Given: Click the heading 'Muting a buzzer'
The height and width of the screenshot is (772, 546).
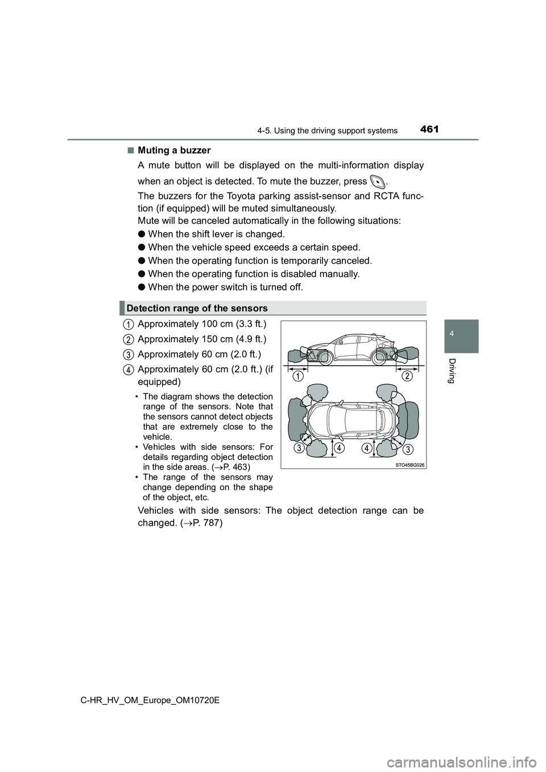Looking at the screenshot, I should [x=173, y=150].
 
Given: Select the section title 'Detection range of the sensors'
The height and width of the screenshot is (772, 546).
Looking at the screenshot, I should [x=197, y=308].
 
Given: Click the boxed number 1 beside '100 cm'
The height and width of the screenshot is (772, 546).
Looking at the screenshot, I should [x=129, y=325].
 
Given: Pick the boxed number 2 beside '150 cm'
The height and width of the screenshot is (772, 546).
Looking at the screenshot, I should [x=129, y=339].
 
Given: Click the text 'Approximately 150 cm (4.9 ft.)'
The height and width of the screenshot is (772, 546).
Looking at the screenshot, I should [x=201, y=339].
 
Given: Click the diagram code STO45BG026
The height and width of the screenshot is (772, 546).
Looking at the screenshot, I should [x=409, y=464].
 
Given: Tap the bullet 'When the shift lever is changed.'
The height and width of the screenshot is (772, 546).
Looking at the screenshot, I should [x=216, y=234].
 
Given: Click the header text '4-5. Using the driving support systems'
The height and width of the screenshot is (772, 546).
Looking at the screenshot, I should [x=327, y=131].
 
